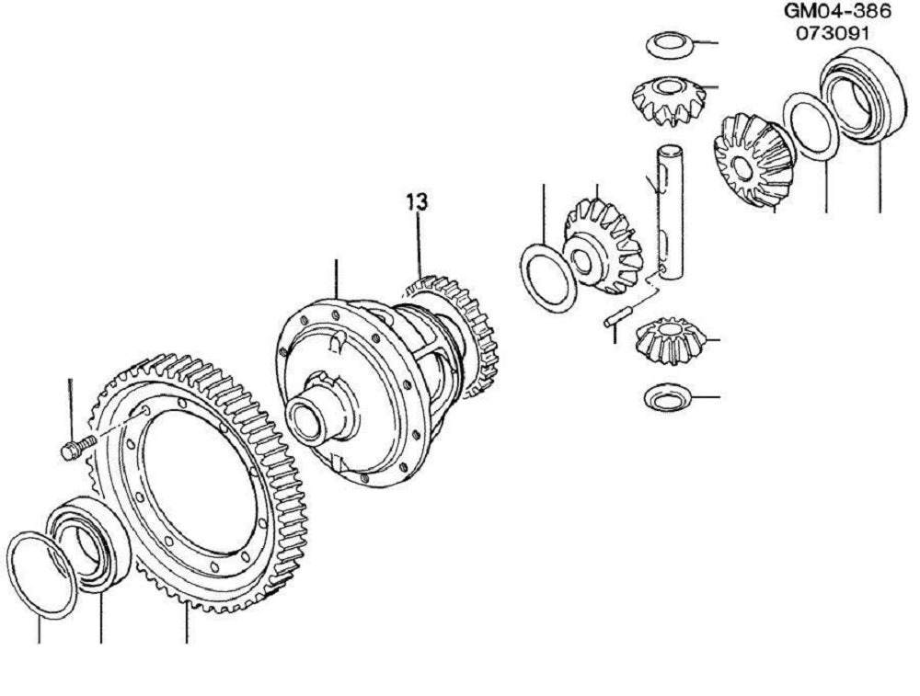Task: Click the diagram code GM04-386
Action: click(837, 11)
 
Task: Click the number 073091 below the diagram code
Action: click(832, 33)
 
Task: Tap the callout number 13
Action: click(417, 201)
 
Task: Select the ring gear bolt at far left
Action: click(78, 448)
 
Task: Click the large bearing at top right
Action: click(860, 94)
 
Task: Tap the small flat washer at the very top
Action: click(670, 46)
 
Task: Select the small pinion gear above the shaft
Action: click(670, 101)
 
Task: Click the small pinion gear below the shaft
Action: click(670, 341)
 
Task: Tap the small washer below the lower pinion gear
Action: click(669, 399)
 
